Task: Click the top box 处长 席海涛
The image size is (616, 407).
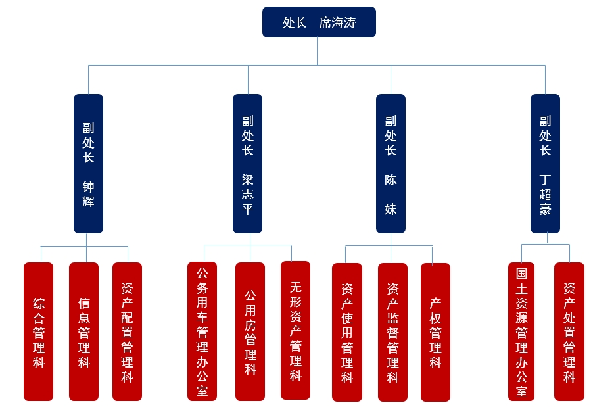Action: click(x=319, y=22)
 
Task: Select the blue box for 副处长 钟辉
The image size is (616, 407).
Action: click(x=88, y=164)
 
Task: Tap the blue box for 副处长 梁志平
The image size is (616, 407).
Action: click(x=247, y=164)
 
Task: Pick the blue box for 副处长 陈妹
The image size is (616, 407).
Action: click(x=391, y=164)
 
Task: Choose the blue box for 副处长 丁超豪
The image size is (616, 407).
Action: click(x=545, y=164)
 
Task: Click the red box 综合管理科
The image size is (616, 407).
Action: click(x=38, y=331)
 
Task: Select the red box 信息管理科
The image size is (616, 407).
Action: click(x=83, y=331)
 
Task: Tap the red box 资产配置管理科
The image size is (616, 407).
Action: click(x=127, y=331)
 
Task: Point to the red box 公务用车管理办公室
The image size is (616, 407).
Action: click(x=202, y=331)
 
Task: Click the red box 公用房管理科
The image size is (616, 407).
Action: click(x=250, y=331)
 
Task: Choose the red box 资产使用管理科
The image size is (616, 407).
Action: click(x=346, y=332)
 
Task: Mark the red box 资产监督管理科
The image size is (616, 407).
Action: click(x=392, y=332)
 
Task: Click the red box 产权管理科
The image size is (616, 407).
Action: click(x=435, y=332)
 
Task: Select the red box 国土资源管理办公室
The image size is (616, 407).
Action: click(x=521, y=331)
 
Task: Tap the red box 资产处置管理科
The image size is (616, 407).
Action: click(x=569, y=331)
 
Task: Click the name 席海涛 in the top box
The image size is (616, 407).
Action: click(x=337, y=23)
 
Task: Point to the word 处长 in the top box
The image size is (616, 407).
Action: click(x=295, y=23)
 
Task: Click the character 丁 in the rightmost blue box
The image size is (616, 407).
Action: click(x=545, y=180)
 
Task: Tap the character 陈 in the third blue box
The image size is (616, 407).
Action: click(x=391, y=180)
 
